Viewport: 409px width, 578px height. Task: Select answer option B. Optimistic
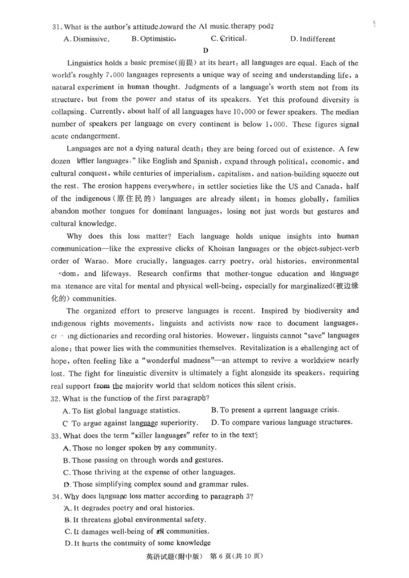154,39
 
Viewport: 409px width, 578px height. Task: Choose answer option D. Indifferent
312,39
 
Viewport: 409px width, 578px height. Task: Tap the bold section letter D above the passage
206,50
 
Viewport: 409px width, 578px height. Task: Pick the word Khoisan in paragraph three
207,249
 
